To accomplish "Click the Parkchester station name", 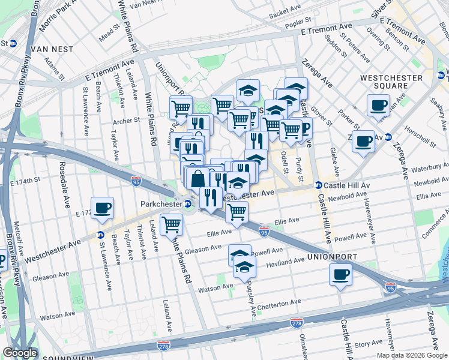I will click(160, 204).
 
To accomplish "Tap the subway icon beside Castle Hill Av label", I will click(319, 185).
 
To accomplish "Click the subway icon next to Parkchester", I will click(188, 204).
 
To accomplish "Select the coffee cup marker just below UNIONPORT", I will click(340, 275).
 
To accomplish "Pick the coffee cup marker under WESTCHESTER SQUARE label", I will click(378, 105).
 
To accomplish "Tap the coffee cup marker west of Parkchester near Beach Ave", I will click(101, 208).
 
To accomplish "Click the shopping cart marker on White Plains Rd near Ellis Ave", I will click(172, 224).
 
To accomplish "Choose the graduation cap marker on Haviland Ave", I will click(244, 267).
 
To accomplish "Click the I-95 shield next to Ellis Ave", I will click(264, 231).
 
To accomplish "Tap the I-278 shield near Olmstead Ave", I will click(297, 322).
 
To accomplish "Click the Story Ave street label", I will click(364, 344).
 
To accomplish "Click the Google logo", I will click(20, 353).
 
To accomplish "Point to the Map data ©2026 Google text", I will click(411, 355).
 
